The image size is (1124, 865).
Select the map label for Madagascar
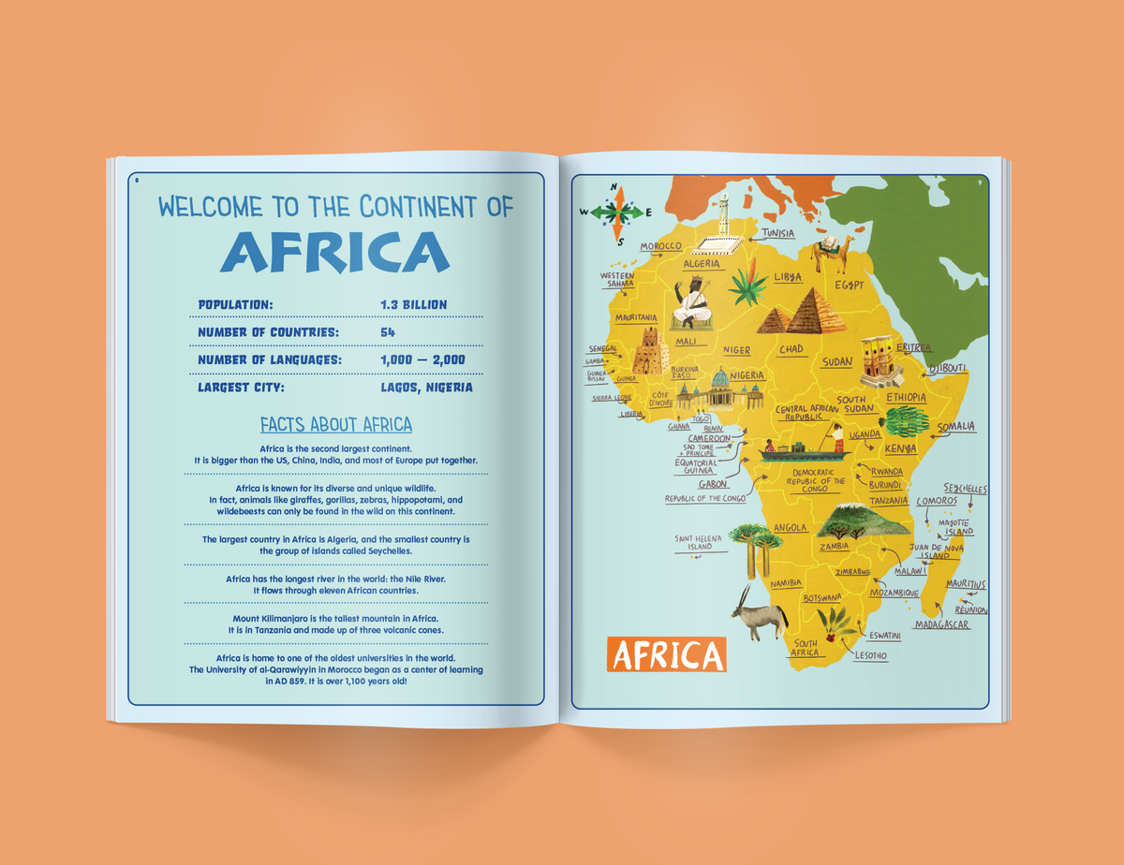942,624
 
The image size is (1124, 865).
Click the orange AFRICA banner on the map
666,654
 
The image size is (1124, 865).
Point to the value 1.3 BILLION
414,304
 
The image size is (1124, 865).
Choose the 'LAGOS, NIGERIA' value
426,387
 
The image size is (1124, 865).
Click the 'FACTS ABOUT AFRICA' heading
336,425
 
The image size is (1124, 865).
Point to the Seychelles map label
965,489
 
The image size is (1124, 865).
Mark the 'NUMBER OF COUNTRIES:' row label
268,332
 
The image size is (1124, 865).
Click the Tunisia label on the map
779,232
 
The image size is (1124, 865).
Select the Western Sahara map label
617,280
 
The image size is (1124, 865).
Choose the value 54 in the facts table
388,332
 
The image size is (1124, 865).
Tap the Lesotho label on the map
870,655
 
